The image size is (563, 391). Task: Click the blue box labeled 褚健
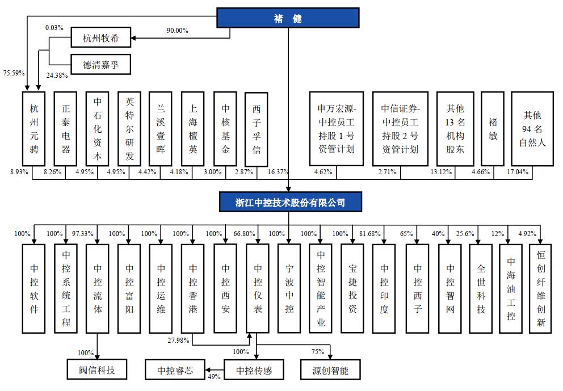point(288,19)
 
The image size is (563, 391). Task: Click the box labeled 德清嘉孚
point(101,65)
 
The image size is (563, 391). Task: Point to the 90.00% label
point(177,31)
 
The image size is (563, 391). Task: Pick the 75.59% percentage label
point(13,73)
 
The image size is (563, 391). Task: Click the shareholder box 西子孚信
point(257,129)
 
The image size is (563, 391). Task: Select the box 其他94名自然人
point(532,129)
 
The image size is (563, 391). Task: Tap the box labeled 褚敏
point(492,129)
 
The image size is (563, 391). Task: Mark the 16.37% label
point(278,171)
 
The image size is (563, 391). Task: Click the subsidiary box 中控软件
point(34,288)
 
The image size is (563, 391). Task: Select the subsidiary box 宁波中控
point(289,288)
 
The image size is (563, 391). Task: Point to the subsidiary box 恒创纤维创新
point(540,288)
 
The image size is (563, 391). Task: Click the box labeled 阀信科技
point(96,371)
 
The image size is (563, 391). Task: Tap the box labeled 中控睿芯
point(175,371)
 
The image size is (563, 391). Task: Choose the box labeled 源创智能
point(331,371)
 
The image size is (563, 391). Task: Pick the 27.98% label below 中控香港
point(179,340)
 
